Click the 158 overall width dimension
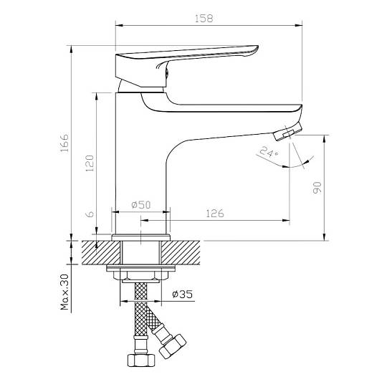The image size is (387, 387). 204,19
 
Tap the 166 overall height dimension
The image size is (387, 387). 64,143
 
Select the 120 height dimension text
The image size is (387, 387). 89,163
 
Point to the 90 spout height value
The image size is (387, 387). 317,188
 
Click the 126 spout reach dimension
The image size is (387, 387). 215,214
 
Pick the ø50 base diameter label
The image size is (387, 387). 141,204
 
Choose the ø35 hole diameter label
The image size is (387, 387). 183,294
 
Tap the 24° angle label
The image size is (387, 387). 269,152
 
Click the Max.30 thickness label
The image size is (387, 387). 64,292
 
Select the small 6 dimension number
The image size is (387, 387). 90,214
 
